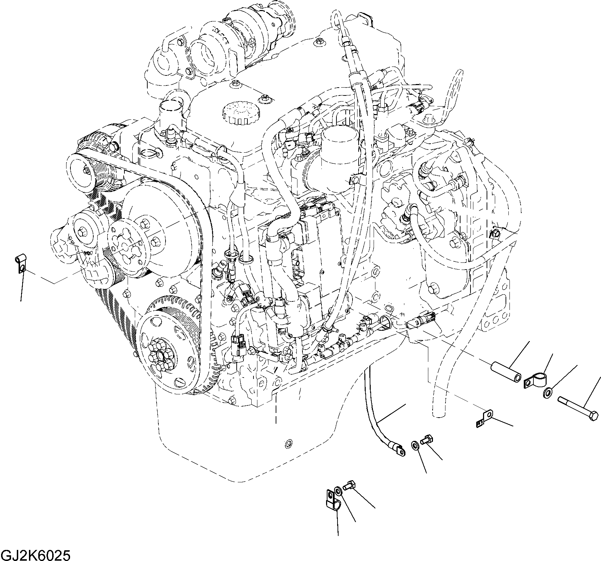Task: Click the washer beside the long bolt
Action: [547, 394]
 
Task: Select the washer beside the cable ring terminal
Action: [415, 446]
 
